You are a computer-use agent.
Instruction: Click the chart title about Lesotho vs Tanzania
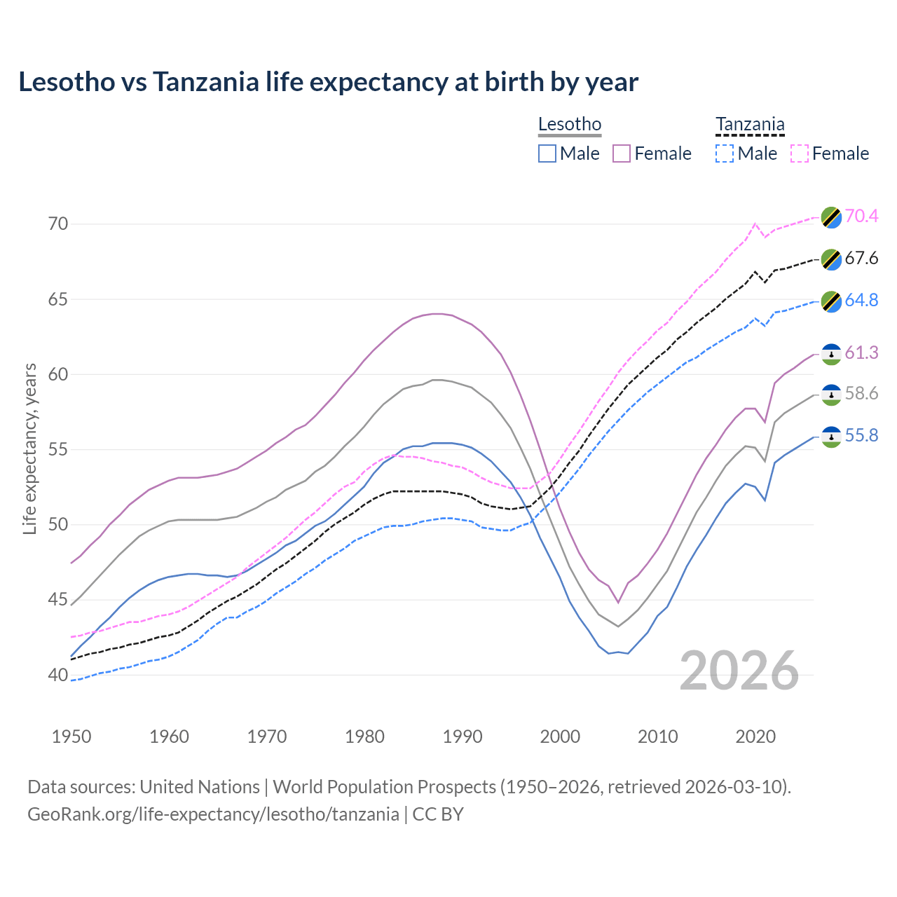pyautogui.click(x=328, y=82)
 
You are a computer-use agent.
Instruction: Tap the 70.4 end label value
pyautogui.click(x=861, y=217)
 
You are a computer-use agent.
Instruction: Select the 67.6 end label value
pyautogui.click(x=861, y=259)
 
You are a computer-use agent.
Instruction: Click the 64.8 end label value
pyautogui.click(x=861, y=301)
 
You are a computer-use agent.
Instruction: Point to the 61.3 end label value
pyautogui.click(x=861, y=353)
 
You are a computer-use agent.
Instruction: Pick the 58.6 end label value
pyautogui.click(x=861, y=394)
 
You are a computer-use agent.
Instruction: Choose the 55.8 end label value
pyautogui.click(x=861, y=436)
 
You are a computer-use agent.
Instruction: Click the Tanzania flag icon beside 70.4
pyautogui.click(x=831, y=217)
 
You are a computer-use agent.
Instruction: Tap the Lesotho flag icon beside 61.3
pyautogui.click(x=831, y=354)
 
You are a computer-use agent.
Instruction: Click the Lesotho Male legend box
pyautogui.click(x=547, y=153)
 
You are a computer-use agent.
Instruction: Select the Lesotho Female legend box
pyautogui.click(x=622, y=153)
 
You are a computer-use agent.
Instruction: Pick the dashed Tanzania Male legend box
pyautogui.click(x=725, y=153)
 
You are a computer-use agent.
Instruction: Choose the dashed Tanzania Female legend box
pyautogui.click(x=800, y=153)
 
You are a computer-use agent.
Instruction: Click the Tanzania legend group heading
pyautogui.click(x=750, y=125)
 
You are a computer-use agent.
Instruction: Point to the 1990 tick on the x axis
pyautogui.click(x=463, y=737)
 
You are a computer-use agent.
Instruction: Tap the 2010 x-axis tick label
pyautogui.click(x=657, y=737)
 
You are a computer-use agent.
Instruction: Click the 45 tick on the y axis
pyautogui.click(x=58, y=600)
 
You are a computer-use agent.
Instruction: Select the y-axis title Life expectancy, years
pyautogui.click(x=30, y=448)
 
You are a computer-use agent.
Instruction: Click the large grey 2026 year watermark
pyautogui.click(x=739, y=671)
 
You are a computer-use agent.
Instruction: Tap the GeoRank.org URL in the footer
pyautogui.click(x=213, y=814)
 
